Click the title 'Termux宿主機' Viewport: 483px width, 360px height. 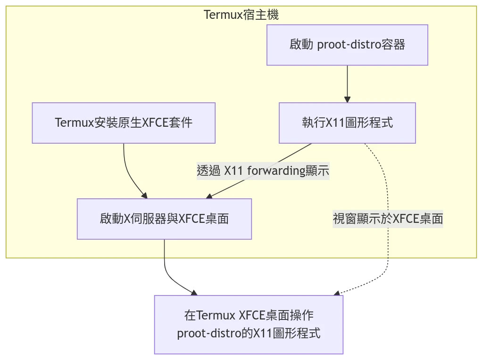tap(241, 15)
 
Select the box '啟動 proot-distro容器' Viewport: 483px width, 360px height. tap(347, 45)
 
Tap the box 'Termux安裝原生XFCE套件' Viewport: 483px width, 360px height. tap(124, 123)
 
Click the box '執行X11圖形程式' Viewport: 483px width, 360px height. tap(347, 123)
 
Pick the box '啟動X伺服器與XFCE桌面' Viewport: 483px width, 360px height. tap(164, 219)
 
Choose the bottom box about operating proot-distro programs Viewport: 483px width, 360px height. tap(249, 324)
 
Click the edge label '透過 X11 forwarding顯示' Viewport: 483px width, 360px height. tap(263, 171)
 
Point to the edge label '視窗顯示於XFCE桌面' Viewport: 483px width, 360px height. tap(388, 219)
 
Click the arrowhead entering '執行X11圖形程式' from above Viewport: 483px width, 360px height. tap(347, 99)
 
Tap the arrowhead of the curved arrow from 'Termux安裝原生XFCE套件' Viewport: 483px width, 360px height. tap(144, 195)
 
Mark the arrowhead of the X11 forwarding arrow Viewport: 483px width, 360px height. tap(209, 196)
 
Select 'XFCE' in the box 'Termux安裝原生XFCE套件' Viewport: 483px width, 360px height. tap(156, 123)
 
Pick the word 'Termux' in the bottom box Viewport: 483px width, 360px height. tap(217, 315)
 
